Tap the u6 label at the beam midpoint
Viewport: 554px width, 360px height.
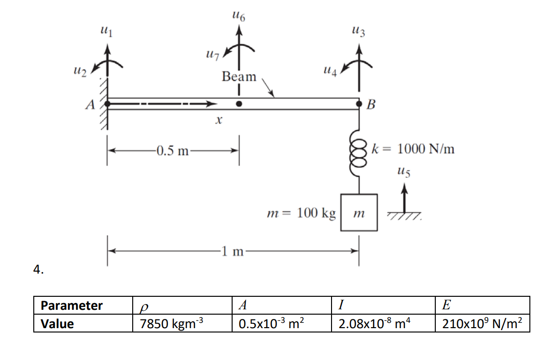[238, 18]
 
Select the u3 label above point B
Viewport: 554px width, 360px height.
[359, 33]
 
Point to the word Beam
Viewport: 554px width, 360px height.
[239, 77]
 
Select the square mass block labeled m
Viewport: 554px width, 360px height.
[359, 212]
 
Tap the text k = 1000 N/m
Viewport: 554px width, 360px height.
[413, 148]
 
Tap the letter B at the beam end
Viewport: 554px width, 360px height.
[371, 104]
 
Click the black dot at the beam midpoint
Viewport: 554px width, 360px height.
[238, 104]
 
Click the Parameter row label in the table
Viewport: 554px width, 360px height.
[72, 305]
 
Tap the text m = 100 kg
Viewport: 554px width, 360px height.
[301, 213]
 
